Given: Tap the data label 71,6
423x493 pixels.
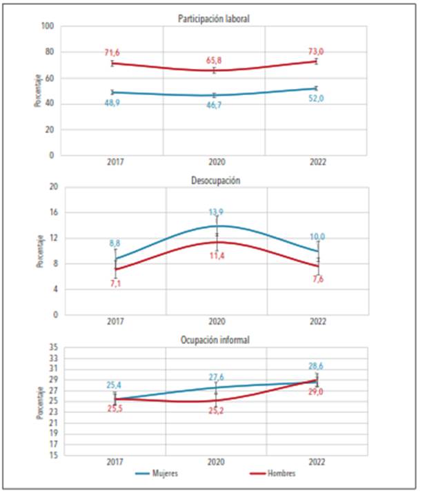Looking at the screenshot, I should click(x=112, y=53).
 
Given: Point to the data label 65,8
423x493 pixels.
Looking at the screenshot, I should click(x=215, y=61).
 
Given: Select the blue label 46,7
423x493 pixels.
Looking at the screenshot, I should click(x=215, y=106).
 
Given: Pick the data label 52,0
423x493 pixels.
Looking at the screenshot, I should click(x=317, y=99).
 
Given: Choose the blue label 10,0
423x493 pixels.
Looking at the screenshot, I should click(x=317, y=237).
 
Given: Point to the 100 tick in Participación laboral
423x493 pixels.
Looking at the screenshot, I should click(x=48, y=26).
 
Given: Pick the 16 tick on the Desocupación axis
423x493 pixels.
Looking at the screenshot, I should click(x=52, y=212).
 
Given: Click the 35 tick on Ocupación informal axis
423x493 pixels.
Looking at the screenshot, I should click(x=52, y=348).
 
